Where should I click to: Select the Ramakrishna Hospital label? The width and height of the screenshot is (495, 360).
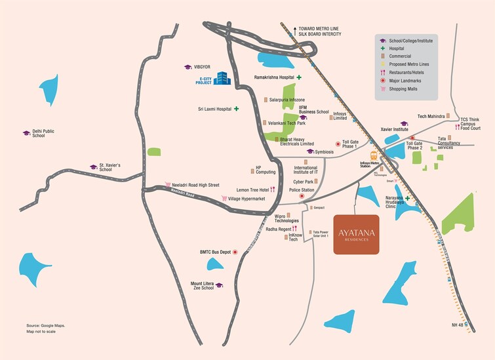pyautogui.click(x=273, y=77)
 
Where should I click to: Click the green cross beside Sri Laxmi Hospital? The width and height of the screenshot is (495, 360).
pyautogui.click(x=236, y=109)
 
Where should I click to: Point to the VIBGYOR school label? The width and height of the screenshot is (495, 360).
pyautogui.click(x=201, y=67)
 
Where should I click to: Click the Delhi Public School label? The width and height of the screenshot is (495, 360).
pyautogui.click(x=43, y=134)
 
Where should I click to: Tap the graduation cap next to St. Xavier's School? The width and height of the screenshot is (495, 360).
pyautogui.click(x=93, y=167)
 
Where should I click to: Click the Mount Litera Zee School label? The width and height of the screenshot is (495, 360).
pyautogui.click(x=202, y=285)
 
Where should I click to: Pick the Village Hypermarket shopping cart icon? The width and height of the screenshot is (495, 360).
pyautogui.click(x=224, y=198)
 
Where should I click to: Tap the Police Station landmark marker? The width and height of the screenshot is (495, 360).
pyautogui.click(x=302, y=196)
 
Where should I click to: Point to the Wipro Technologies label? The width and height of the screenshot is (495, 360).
pyautogui.click(x=287, y=218)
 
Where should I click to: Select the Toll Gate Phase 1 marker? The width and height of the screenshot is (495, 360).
pyautogui.click(x=338, y=142)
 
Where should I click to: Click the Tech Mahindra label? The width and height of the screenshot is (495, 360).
pyautogui.click(x=431, y=116)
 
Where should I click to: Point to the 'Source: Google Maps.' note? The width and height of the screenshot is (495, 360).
pyautogui.click(x=45, y=325)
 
